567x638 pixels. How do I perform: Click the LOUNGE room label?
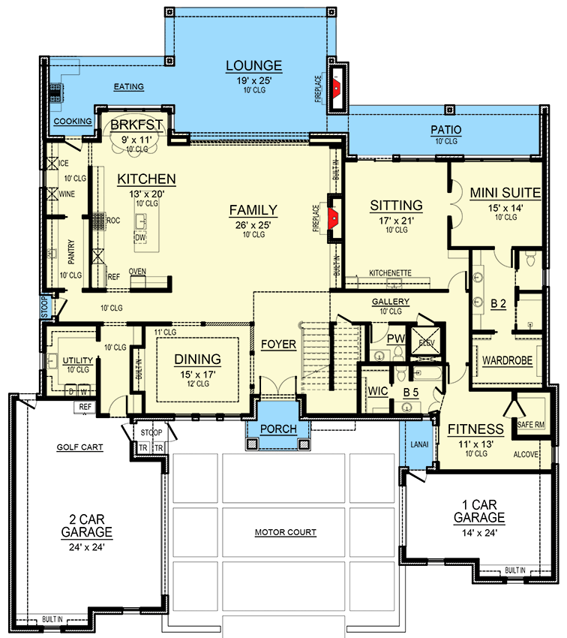pos(254,66)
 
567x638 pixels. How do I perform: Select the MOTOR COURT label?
pos(285,532)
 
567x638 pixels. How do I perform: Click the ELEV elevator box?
pos(426,342)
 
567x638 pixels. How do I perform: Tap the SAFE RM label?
pos(530,425)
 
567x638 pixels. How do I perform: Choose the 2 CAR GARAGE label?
pos(86,525)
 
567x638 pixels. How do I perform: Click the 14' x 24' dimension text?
pos(479,533)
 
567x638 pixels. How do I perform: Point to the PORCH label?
pos(278,429)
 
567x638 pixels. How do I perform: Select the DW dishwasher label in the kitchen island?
pos(140,238)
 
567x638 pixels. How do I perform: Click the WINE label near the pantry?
pos(67,194)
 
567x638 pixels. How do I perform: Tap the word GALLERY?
pos(391,302)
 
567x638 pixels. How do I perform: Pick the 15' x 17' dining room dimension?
pos(198,375)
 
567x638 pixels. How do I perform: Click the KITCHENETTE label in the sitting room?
pos(390,273)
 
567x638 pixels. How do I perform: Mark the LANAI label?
pos(419,445)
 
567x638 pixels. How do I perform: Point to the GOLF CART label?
pos(79,447)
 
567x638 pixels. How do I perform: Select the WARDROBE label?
pos(507,360)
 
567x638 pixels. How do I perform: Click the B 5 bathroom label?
pos(410,393)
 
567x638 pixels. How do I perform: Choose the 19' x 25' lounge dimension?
pos(254,80)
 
